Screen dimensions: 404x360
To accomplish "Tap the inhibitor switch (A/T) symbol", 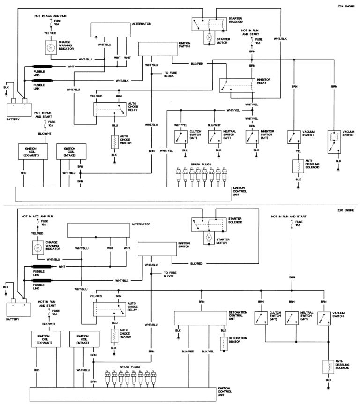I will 253,136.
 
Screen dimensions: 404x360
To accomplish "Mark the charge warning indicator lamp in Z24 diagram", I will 50,47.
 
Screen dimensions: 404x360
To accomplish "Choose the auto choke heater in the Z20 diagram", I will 114,335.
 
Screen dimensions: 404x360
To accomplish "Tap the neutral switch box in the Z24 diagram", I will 214,136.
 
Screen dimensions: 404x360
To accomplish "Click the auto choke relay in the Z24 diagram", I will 109,109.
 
